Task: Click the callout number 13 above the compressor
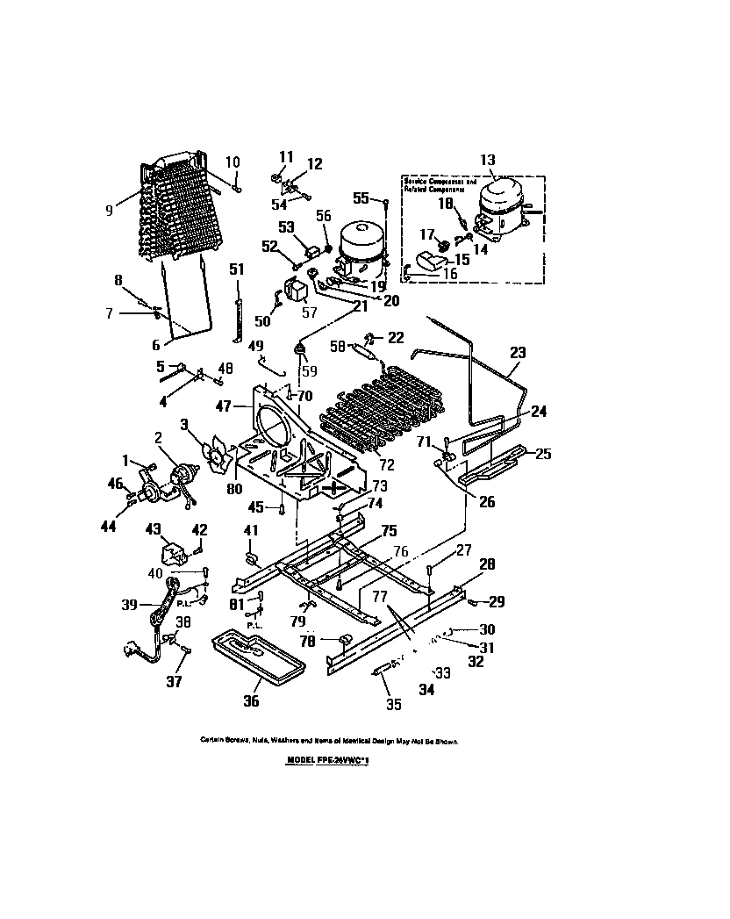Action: coord(488,160)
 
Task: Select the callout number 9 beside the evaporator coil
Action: coord(109,210)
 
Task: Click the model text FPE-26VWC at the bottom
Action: coord(328,763)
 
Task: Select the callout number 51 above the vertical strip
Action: coord(236,269)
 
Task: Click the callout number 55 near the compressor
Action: coord(361,198)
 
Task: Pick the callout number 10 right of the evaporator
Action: coord(233,162)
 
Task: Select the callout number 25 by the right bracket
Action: coord(543,454)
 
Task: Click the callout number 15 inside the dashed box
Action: coord(462,260)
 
